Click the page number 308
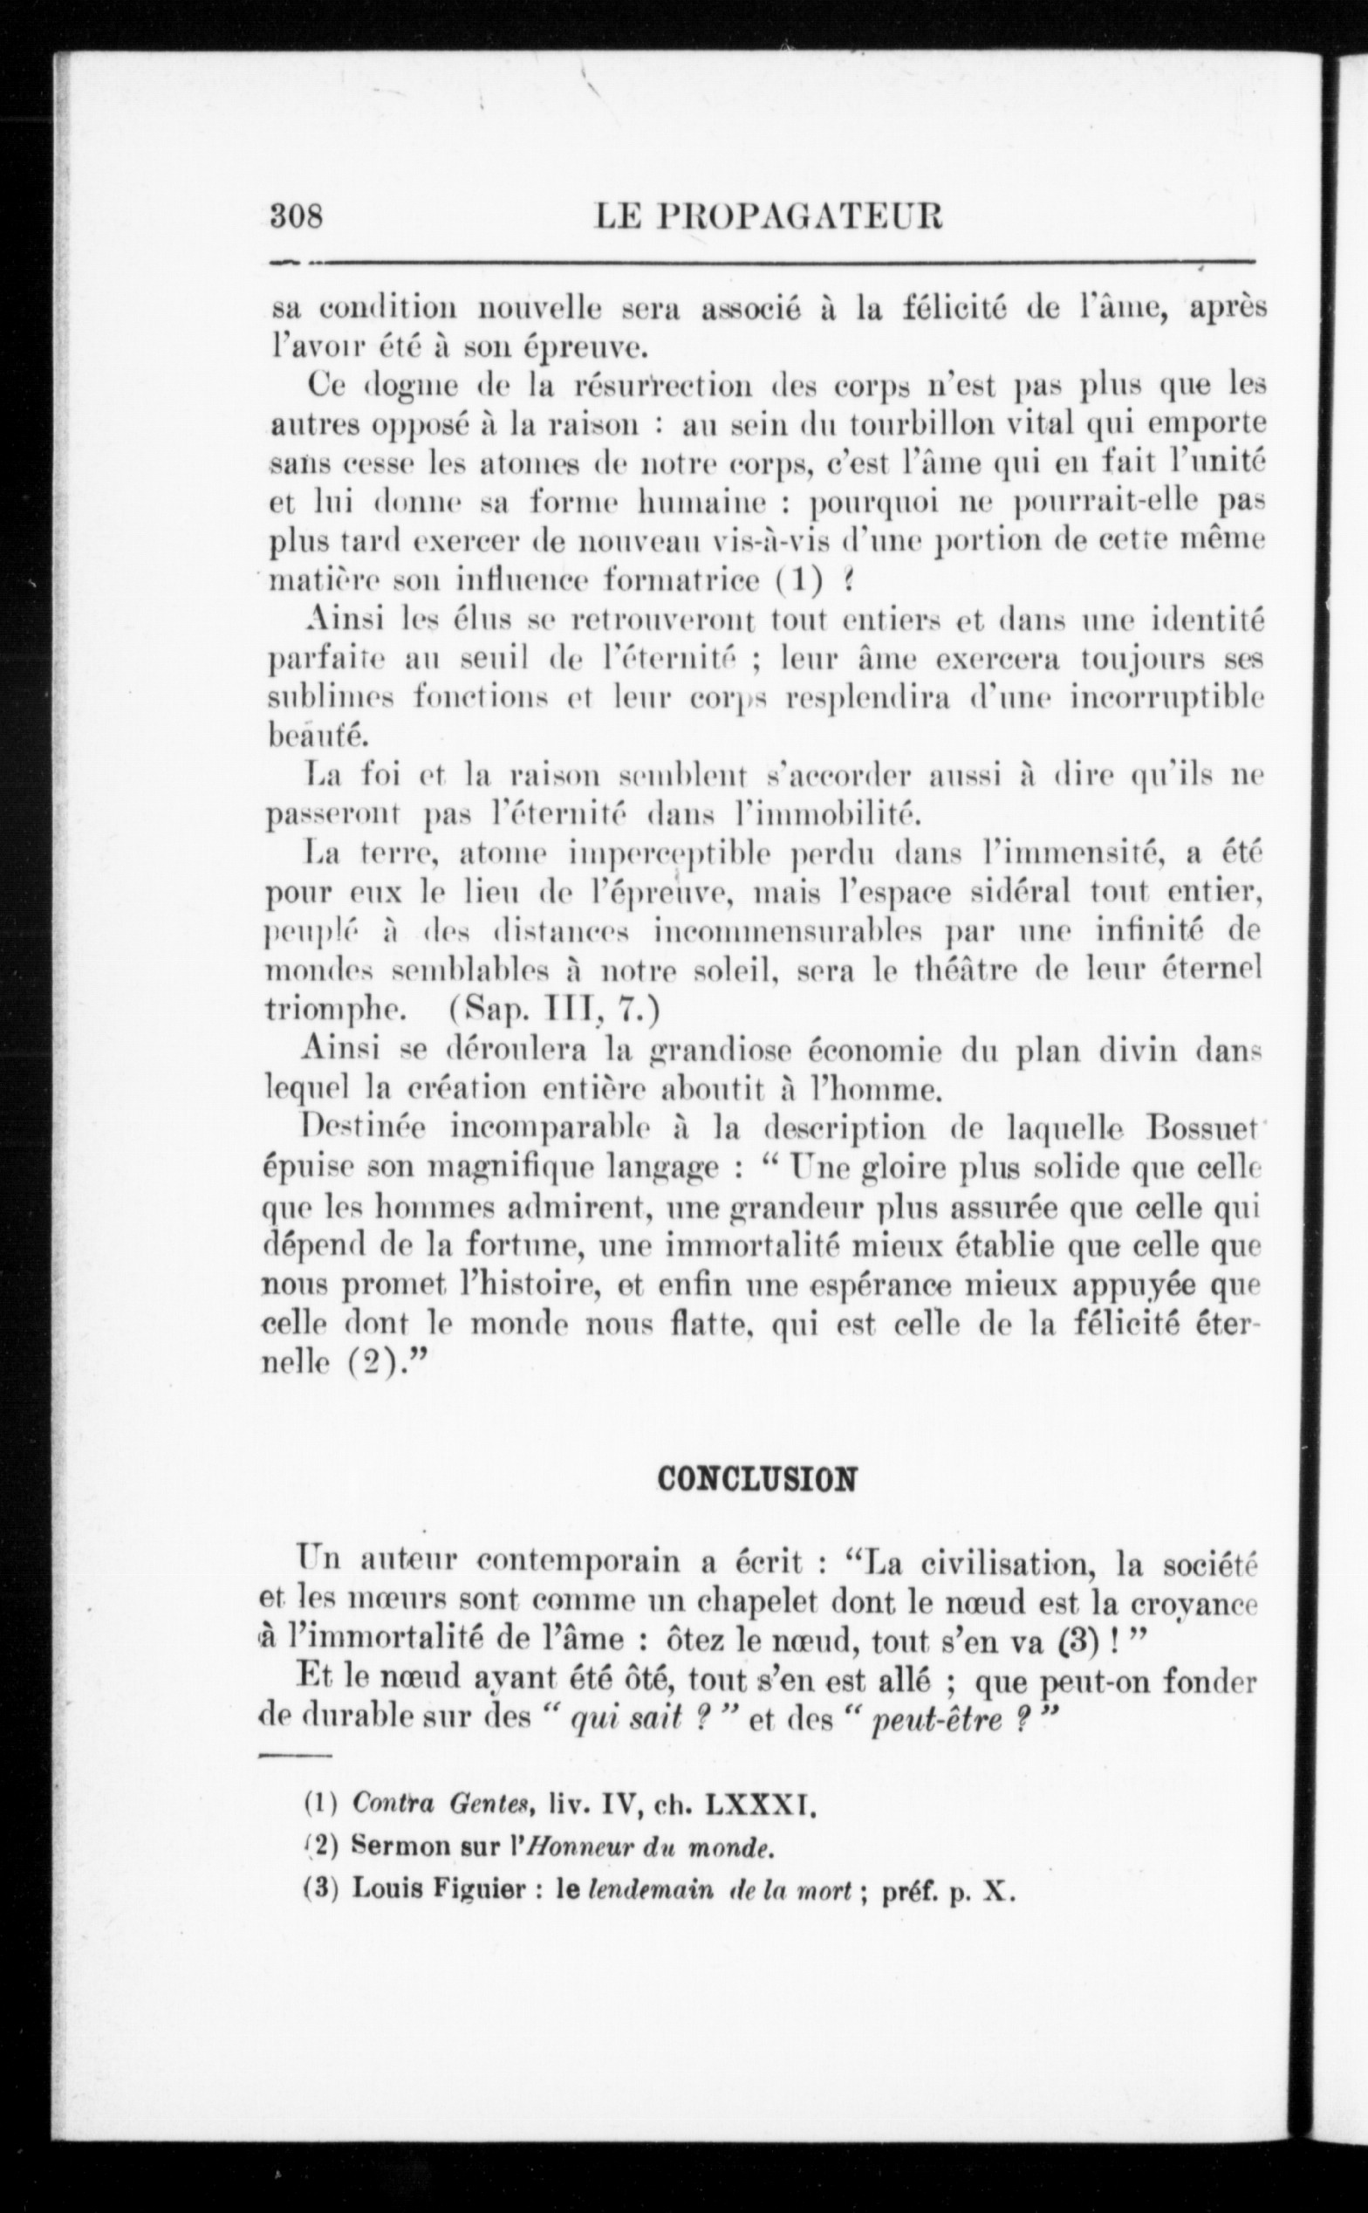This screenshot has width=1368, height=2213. point(298,217)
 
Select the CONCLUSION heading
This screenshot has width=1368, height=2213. point(756,1478)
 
